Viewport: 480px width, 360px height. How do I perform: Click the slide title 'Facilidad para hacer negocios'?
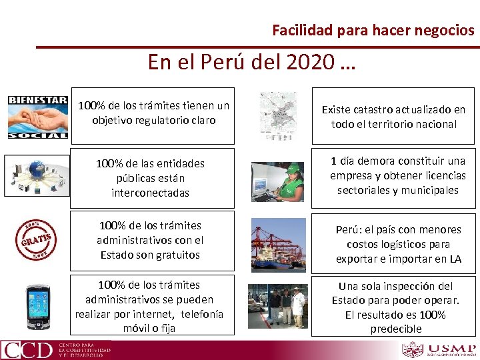click(373, 30)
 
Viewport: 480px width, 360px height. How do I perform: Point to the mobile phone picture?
click(38, 306)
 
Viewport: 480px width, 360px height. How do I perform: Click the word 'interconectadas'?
click(151, 193)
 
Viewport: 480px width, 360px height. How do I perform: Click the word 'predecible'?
click(396, 329)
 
